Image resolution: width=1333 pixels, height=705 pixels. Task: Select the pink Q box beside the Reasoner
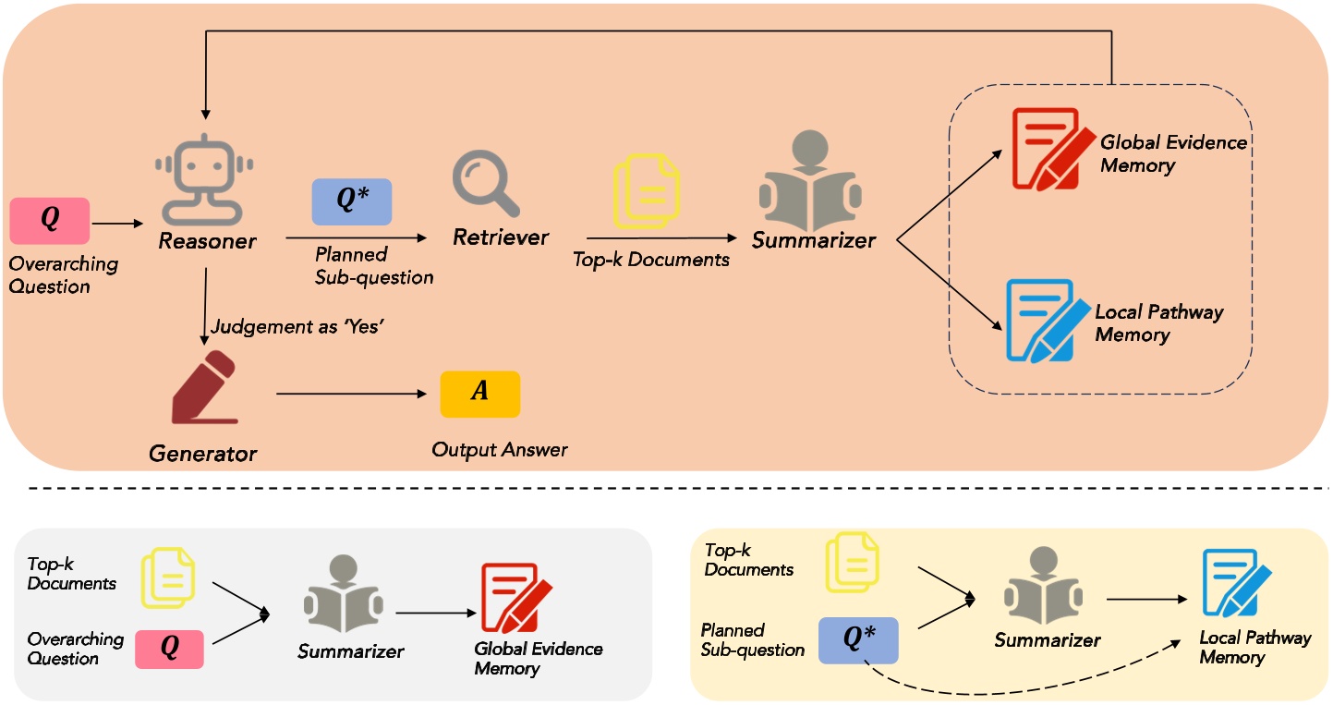pyautogui.click(x=49, y=220)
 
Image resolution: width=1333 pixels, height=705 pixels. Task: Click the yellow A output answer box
pyautogui.click(x=479, y=394)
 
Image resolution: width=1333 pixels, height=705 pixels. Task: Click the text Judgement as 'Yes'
pyautogui.click(x=296, y=327)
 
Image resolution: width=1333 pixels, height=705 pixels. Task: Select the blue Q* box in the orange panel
pyautogui.click(x=351, y=201)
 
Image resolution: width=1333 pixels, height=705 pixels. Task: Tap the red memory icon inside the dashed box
pyautogui.click(x=1049, y=149)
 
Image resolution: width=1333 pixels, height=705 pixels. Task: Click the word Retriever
pyautogui.click(x=501, y=237)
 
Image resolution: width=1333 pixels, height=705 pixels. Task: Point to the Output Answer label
pyautogui.click(x=499, y=450)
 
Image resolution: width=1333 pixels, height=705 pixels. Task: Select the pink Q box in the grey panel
pyautogui.click(x=169, y=649)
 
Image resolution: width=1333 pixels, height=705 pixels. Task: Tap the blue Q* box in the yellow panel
pyautogui.click(x=858, y=639)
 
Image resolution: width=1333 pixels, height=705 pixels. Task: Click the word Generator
pyautogui.click(x=202, y=454)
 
